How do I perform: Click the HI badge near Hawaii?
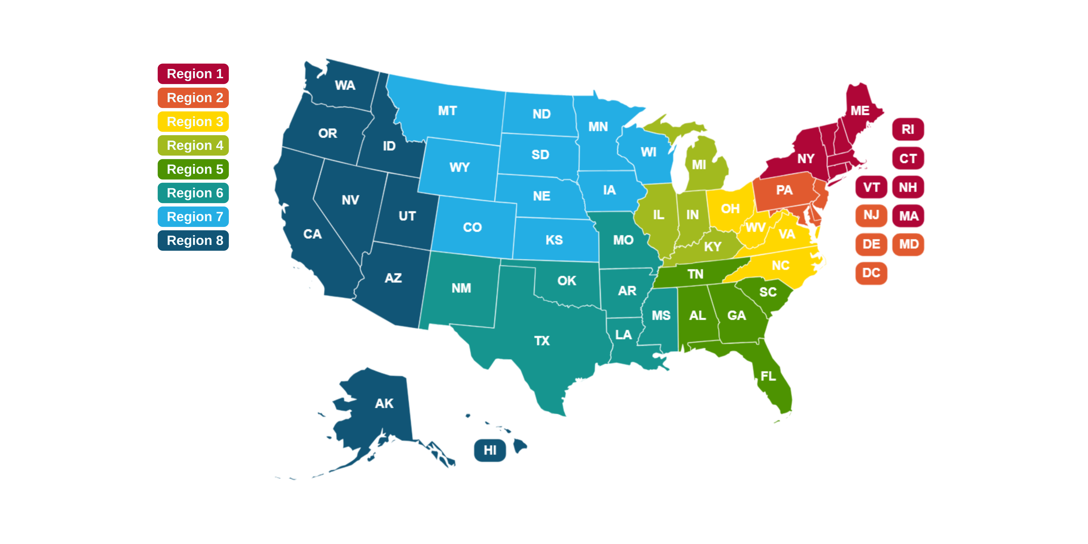490,450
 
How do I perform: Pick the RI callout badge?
908,129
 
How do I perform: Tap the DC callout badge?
871,273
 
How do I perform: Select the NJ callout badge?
871,215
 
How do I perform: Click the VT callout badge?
871,187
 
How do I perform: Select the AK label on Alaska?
384,403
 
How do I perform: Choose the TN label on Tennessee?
695,274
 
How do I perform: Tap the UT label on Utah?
407,216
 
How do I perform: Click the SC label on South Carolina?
768,292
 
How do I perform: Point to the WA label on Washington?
345,85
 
